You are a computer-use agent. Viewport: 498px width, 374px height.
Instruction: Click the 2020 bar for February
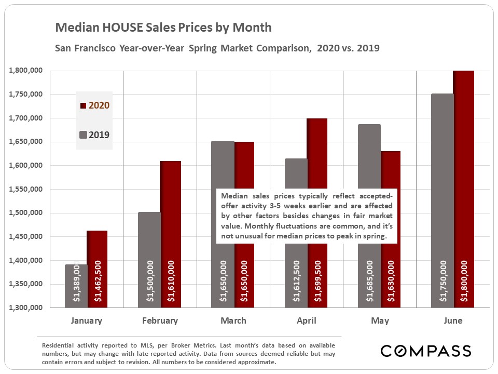tap(171, 234)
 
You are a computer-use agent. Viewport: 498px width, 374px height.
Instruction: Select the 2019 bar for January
tap(76, 286)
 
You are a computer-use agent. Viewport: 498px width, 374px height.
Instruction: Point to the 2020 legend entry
tap(94, 105)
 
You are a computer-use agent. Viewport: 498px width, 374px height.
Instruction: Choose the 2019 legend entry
tap(94, 135)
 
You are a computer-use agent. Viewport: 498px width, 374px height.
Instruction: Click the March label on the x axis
tap(233, 321)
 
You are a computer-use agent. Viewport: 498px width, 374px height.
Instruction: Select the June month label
tap(453, 321)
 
